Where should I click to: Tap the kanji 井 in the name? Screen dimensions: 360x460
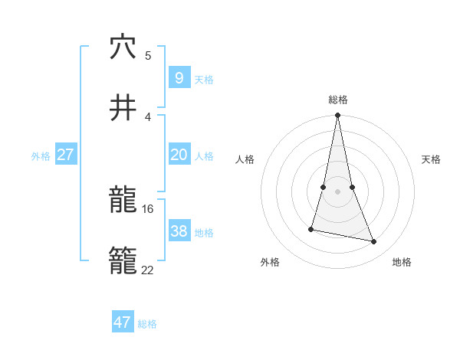point(123,108)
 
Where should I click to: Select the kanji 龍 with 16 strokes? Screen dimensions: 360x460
point(123,201)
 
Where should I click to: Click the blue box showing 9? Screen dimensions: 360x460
point(179,77)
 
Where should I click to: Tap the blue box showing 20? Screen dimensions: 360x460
point(179,155)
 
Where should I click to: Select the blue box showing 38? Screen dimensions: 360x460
point(179,231)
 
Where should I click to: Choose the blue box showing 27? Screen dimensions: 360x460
point(65,155)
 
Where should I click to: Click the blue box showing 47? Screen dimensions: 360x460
point(123,322)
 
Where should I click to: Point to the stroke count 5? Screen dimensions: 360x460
point(148,55)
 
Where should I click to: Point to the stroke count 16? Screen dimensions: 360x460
point(148,208)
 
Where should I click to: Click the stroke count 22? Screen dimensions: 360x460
point(148,270)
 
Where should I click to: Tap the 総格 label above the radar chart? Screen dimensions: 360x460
point(338,100)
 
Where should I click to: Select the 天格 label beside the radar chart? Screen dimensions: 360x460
point(432,159)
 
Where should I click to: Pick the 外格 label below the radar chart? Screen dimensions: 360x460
point(270,262)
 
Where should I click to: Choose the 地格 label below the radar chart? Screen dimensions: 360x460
point(402,262)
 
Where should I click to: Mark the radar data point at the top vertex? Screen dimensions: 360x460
point(338,116)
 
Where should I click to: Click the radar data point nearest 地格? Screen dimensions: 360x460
point(374,242)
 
